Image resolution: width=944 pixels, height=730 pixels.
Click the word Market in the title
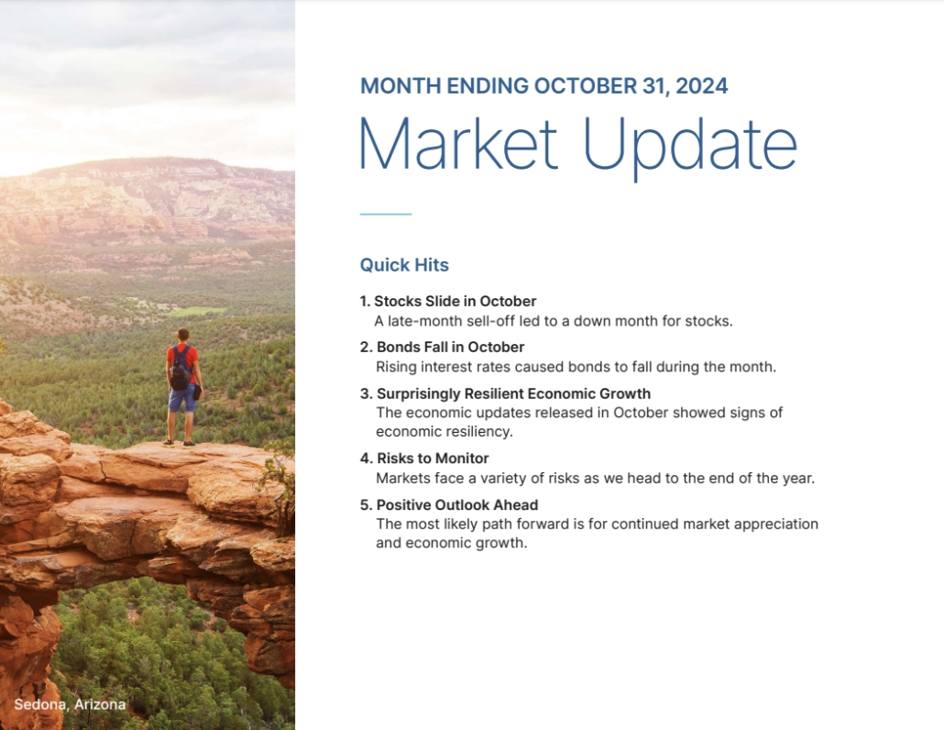tap(457, 144)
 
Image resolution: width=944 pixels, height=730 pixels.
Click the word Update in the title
tap(689, 146)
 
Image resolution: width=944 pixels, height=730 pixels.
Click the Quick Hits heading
tap(404, 265)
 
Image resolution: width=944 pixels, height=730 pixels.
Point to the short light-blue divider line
tap(386, 214)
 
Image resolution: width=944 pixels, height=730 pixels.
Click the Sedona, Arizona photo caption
tap(70, 704)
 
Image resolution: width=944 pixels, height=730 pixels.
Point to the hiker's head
tap(182, 336)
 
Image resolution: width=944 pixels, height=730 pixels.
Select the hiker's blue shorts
tap(182, 399)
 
